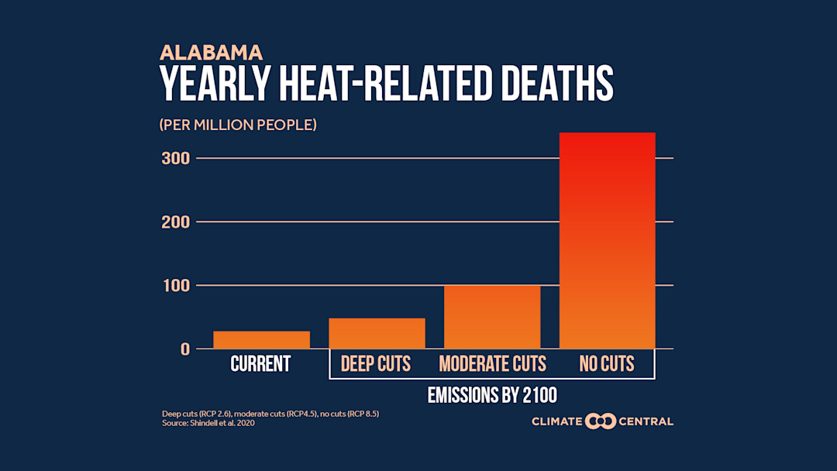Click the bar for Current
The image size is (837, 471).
[261, 339]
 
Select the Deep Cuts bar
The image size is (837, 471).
[377, 333]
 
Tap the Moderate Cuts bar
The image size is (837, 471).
[492, 317]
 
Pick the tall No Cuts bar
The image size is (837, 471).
[607, 240]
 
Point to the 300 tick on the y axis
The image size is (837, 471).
[174, 158]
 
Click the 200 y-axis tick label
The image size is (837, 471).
[174, 222]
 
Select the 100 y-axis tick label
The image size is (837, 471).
[174, 285]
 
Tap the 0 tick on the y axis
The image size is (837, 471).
[184, 349]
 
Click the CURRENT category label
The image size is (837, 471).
[260, 364]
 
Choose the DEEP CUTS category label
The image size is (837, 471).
[376, 364]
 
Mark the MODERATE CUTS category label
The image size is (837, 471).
[492, 364]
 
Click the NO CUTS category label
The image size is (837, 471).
[607, 364]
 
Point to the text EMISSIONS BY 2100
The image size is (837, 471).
[492, 395]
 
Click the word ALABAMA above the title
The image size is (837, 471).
[211, 53]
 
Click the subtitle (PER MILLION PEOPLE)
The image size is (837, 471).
[238, 125]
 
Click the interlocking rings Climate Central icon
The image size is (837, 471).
[601, 421]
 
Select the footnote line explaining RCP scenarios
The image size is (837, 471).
[270, 414]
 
